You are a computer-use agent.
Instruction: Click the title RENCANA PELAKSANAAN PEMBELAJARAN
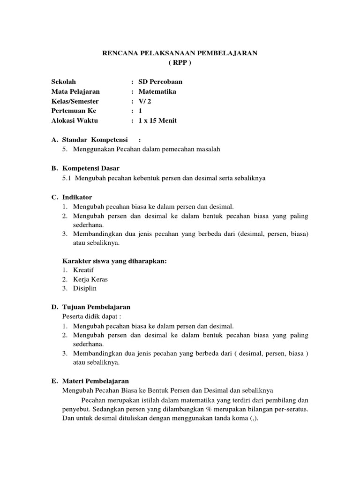(x=180, y=53)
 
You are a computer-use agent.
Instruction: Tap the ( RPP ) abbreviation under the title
(x=180, y=62)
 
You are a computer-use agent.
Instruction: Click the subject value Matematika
(x=157, y=91)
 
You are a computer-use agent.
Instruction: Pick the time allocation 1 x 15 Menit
(x=157, y=120)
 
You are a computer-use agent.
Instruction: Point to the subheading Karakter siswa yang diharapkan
(x=114, y=261)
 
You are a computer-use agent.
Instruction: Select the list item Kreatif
(x=82, y=270)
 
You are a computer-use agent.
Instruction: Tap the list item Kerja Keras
(x=90, y=279)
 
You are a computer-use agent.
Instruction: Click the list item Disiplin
(x=84, y=288)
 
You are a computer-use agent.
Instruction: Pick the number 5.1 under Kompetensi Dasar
(x=67, y=178)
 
